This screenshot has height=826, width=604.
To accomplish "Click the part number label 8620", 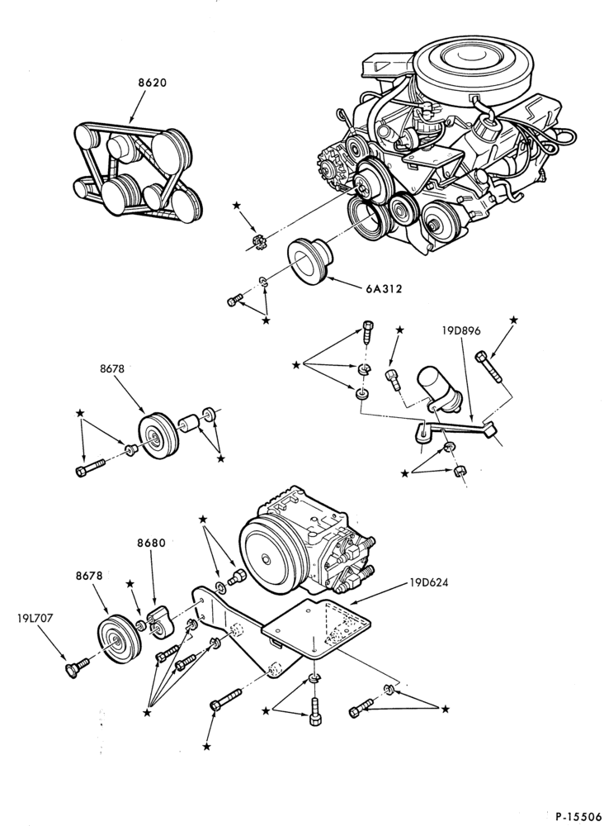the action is point(153,83).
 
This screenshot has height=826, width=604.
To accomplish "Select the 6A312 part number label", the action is point(384,288).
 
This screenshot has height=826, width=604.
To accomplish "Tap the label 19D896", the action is point(461,331).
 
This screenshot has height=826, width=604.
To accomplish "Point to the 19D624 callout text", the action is point(429,583).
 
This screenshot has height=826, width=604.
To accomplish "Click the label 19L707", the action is point(35,619).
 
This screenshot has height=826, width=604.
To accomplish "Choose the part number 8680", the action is point(152,544).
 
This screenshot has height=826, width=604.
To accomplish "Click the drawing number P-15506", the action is point(578,817).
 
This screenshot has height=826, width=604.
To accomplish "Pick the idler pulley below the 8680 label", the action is point(120,638).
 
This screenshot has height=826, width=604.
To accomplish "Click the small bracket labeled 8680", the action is point(158,622).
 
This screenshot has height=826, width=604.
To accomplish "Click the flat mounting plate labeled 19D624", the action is point(316,627).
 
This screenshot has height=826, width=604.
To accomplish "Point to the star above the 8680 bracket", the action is point(130,584).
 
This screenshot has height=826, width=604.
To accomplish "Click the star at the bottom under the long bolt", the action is point(207,746).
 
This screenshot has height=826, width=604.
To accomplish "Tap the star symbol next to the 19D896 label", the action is point(514,320).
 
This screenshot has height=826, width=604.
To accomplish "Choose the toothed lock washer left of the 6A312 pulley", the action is point(257,242).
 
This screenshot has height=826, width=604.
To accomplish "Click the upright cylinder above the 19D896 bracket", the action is point(438,387).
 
